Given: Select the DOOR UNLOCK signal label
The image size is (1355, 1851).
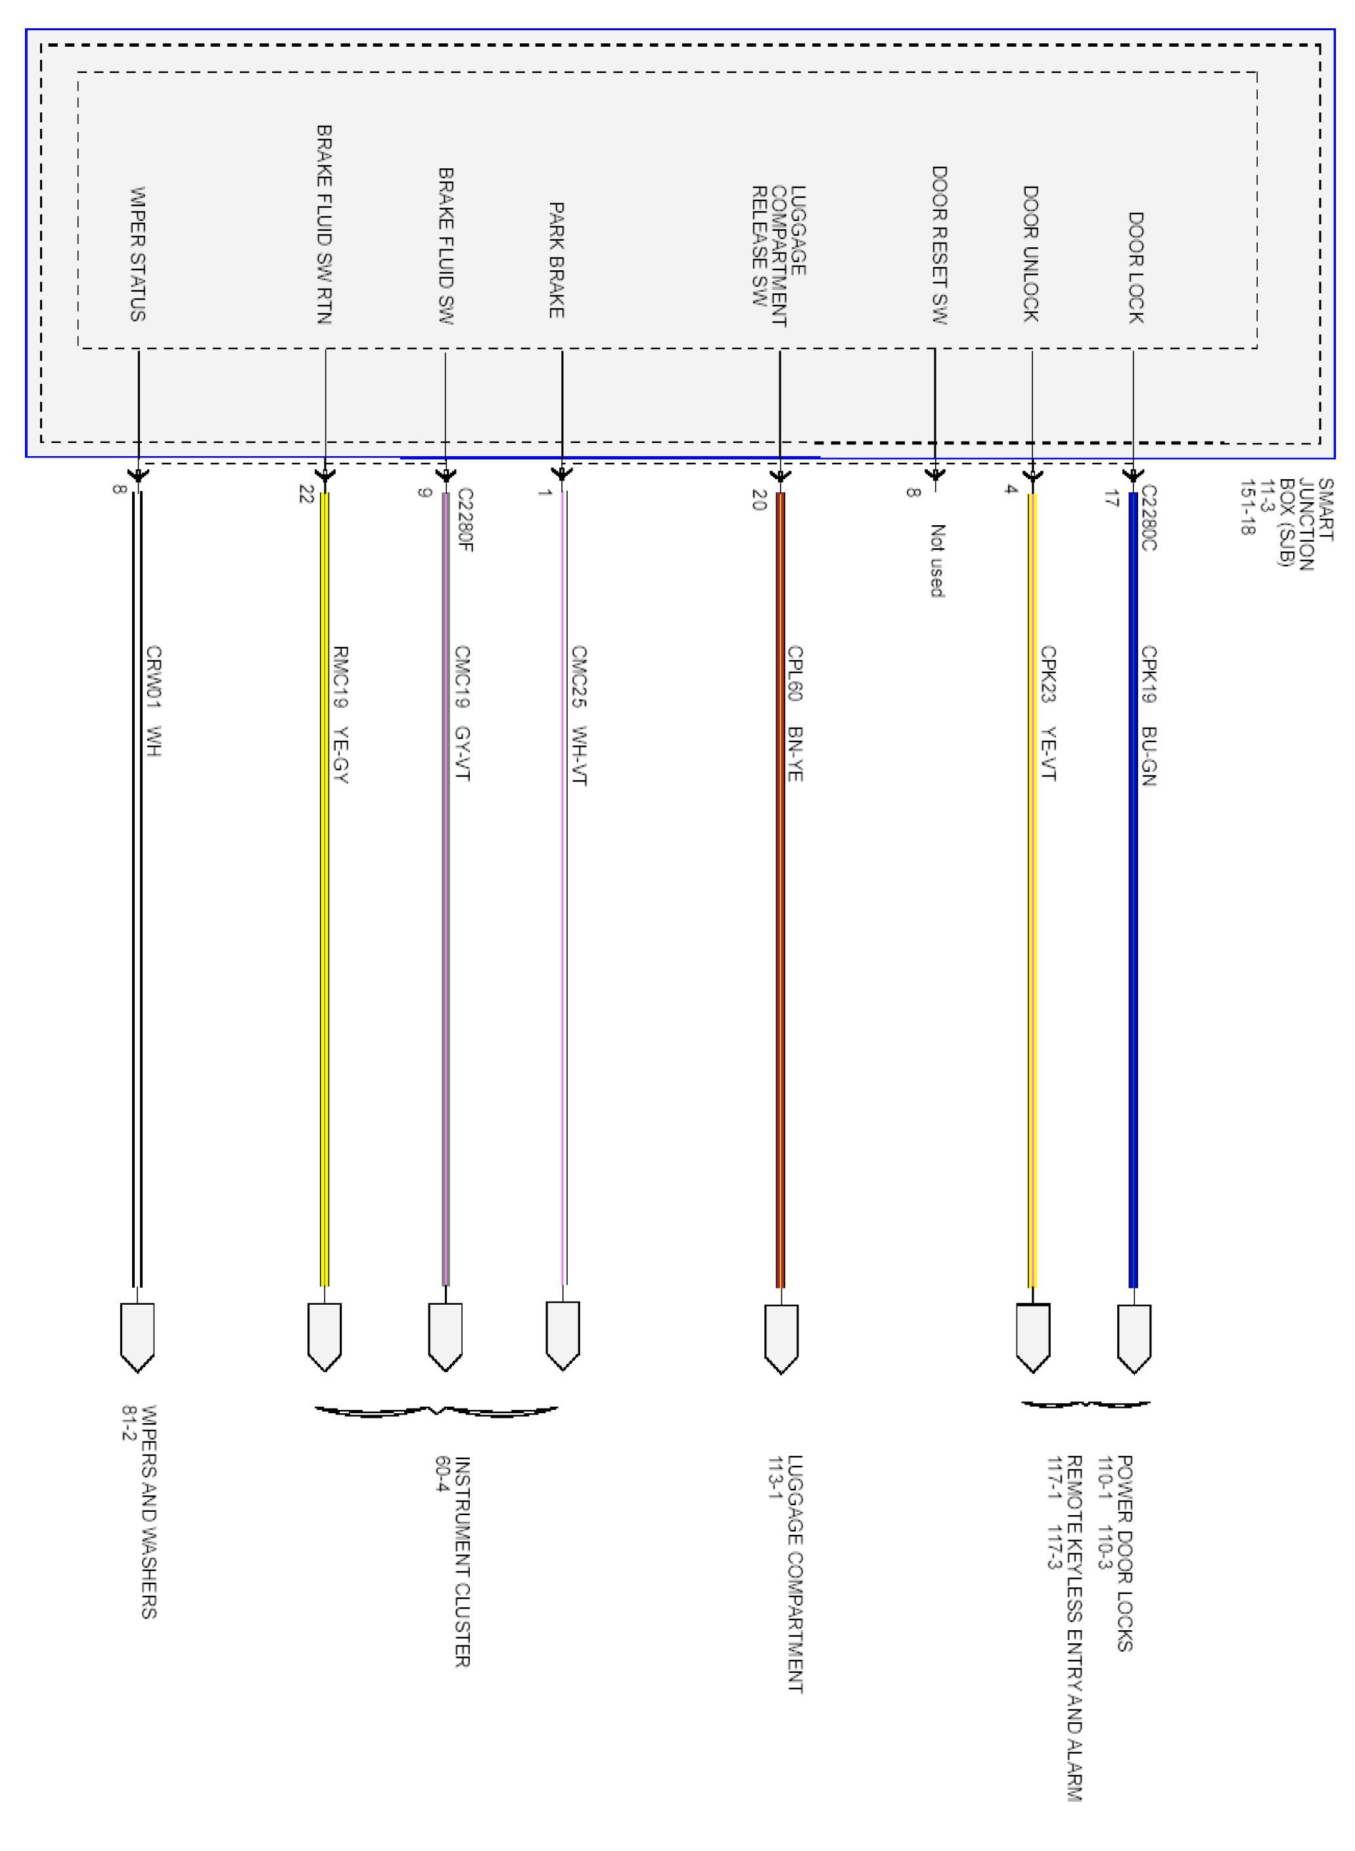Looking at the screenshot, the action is tap(1031, 254).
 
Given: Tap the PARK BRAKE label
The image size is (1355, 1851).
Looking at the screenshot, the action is tap(556, 260).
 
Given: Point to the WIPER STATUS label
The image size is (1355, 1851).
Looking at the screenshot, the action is tap(138, 254).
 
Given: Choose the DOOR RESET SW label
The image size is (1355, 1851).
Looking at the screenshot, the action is tap(940, 245).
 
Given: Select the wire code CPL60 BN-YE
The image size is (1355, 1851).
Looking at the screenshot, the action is tap(794, 713).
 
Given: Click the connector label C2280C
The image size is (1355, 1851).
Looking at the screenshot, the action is tap(1149, 518).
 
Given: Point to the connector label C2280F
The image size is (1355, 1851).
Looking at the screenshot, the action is tap(465, 520).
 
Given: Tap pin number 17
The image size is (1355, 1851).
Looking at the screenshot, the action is tap(1111, 498).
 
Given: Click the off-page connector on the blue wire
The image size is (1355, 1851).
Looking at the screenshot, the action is tap(1134, 1338).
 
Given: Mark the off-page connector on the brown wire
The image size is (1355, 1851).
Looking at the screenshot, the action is tap(781, 1338).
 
